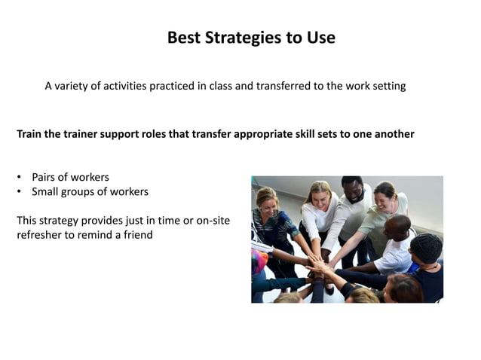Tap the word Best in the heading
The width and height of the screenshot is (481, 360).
[x=183, y=38]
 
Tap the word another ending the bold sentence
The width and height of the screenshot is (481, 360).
[x=391, y=134]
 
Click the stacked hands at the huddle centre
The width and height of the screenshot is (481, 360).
[x=320, y=264]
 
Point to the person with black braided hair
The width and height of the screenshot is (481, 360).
[x=426, y=252]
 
